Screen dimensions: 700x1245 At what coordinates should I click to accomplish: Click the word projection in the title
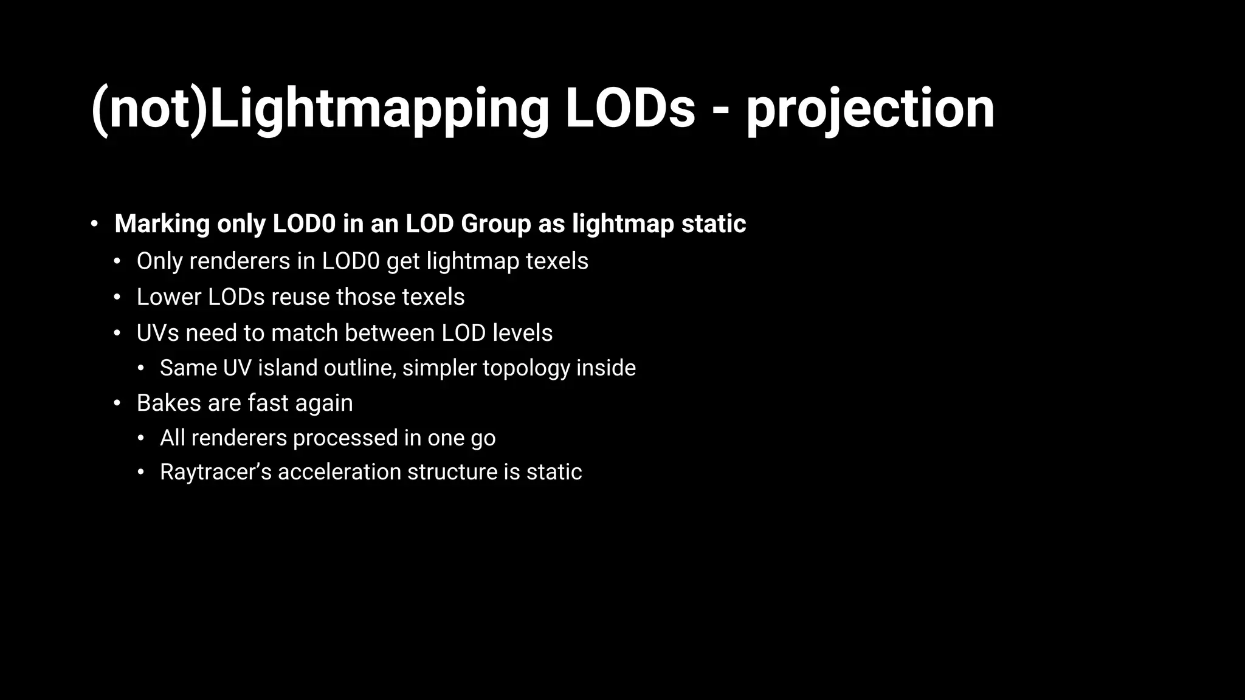(x=870, y=109)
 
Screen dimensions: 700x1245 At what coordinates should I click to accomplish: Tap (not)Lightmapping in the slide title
(x=320, y=109)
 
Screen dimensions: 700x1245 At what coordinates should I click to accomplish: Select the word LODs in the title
(x=630, y=109)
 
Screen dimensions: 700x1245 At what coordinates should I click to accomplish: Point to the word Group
(x=496, y=224)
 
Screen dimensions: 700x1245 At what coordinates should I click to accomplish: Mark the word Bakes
(x=170, y=403)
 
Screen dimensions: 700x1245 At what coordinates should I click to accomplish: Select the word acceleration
(x=339, y=472)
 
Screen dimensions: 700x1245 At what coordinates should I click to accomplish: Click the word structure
(x=452, y=472)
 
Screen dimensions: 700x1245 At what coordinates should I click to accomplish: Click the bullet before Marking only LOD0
(x=94, y=224)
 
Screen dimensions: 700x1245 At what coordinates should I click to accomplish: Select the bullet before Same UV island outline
(x=141, y=368)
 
